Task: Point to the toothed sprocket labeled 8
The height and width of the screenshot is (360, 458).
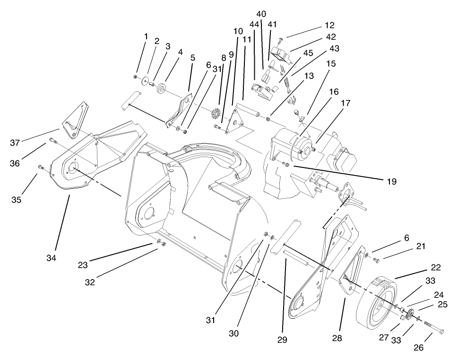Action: [x=218, y=115]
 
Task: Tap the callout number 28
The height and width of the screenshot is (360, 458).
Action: [x=337, y=339]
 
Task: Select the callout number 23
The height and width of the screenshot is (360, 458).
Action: [x=83, y=266]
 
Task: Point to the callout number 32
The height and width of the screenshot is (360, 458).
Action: [x=90, y=282]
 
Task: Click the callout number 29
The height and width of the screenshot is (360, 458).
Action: [x=283, y=340]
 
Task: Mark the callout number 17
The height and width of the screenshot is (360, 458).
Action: [x=346, y=103]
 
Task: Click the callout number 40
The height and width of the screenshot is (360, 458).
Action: [x=261, y=14]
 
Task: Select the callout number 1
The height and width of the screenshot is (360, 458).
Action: [x=146, y=36]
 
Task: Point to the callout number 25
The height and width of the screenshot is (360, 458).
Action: [x=442, y=304]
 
